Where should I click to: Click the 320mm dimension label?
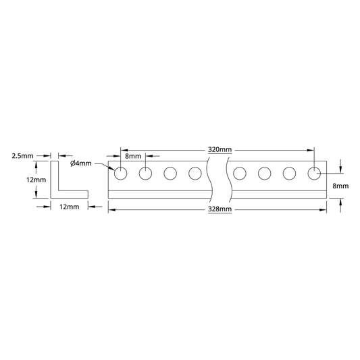click(220, 150)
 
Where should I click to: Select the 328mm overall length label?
click(220, 209)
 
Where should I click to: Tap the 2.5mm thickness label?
click(22, 156)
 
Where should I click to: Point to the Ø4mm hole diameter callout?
click(81, 163)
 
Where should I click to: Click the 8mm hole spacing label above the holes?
click(133, 156)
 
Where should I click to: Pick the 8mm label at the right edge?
click(340, 186)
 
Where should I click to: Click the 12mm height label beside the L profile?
click(36, 180)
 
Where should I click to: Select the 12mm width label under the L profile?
click(70, 207)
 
